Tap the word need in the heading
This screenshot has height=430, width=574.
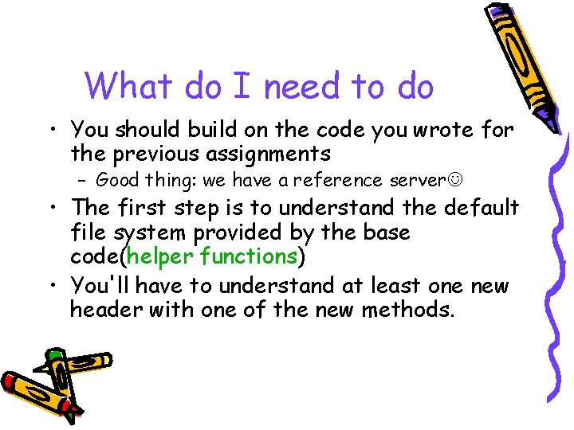(x=297, y=86)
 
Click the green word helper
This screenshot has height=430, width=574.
(x=162, y=256)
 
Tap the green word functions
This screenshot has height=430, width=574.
(x=249, y=256)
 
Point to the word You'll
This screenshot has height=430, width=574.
(x=97, y=284)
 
